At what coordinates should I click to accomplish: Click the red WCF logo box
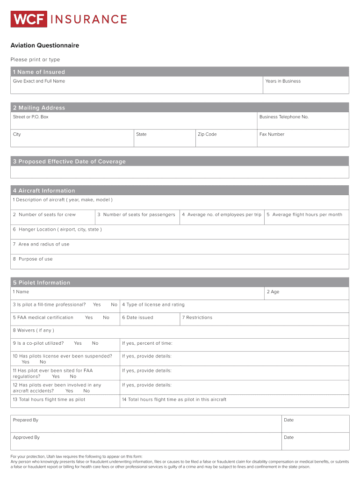(29, 19)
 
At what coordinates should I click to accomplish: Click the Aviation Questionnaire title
(45, 45)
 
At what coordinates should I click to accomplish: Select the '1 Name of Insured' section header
(39, 72)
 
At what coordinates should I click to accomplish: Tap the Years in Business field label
(283, 81)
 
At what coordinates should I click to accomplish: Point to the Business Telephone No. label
(284, 117)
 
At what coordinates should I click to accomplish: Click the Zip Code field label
(207, 134)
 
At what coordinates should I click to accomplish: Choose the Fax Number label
(272, 134)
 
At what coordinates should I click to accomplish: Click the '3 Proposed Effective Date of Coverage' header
(69, 162)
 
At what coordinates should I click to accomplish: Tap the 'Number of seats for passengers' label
(136, 215)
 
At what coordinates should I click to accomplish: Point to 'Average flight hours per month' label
(304, 215)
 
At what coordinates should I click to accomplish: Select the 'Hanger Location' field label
(57, 230)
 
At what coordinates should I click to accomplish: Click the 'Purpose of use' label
(33, 259)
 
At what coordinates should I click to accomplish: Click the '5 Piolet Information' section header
(42, 283)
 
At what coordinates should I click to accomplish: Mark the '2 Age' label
(273, 292)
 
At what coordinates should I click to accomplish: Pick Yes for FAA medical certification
(89, 318)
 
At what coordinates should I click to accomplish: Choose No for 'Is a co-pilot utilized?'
(95, 343)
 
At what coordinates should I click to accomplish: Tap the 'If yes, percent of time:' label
(147, 343)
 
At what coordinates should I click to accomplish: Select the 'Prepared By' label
(26, 420)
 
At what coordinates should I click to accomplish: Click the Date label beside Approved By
(288, 437)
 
